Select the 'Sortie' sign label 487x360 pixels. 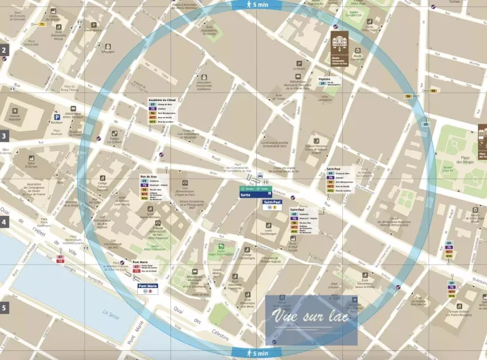coord(245,195)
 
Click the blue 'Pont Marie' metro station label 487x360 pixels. coord(148,286)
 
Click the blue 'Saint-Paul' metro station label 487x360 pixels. coord(273,201)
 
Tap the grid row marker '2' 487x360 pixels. coord(3,50)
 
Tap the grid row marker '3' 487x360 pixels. coord(3,136)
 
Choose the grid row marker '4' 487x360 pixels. coord(3,222)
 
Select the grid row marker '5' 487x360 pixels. coord(3,308)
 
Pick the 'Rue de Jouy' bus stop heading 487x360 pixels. coord(149,177)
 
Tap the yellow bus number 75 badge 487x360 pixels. coord(42,24)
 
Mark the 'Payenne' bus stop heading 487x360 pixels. coord(324,79)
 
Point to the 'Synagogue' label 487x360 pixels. coord(108,51)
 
